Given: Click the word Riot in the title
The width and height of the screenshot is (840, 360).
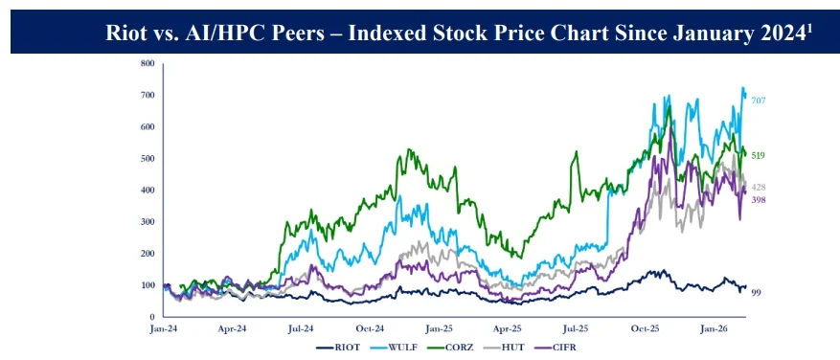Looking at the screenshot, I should (126, 34).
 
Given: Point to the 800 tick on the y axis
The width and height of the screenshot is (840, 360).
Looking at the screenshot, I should (148, 64).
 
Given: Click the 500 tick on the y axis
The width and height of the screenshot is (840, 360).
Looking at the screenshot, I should (148, 159).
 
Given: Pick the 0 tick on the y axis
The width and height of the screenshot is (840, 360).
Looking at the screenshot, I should (152, 317).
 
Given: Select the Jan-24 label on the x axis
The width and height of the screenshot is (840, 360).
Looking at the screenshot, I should (166, 328).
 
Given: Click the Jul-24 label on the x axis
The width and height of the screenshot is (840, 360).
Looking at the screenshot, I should (301, 328).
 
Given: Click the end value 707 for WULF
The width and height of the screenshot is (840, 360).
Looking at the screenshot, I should (758, 101).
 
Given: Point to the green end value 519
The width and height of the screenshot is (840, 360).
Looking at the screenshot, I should (758, 155).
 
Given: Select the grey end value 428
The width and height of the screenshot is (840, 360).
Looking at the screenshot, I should (758, 188).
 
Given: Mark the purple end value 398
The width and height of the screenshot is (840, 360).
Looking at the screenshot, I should (758, 200).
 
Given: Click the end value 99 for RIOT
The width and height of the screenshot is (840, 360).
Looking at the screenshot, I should (756, 292).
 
